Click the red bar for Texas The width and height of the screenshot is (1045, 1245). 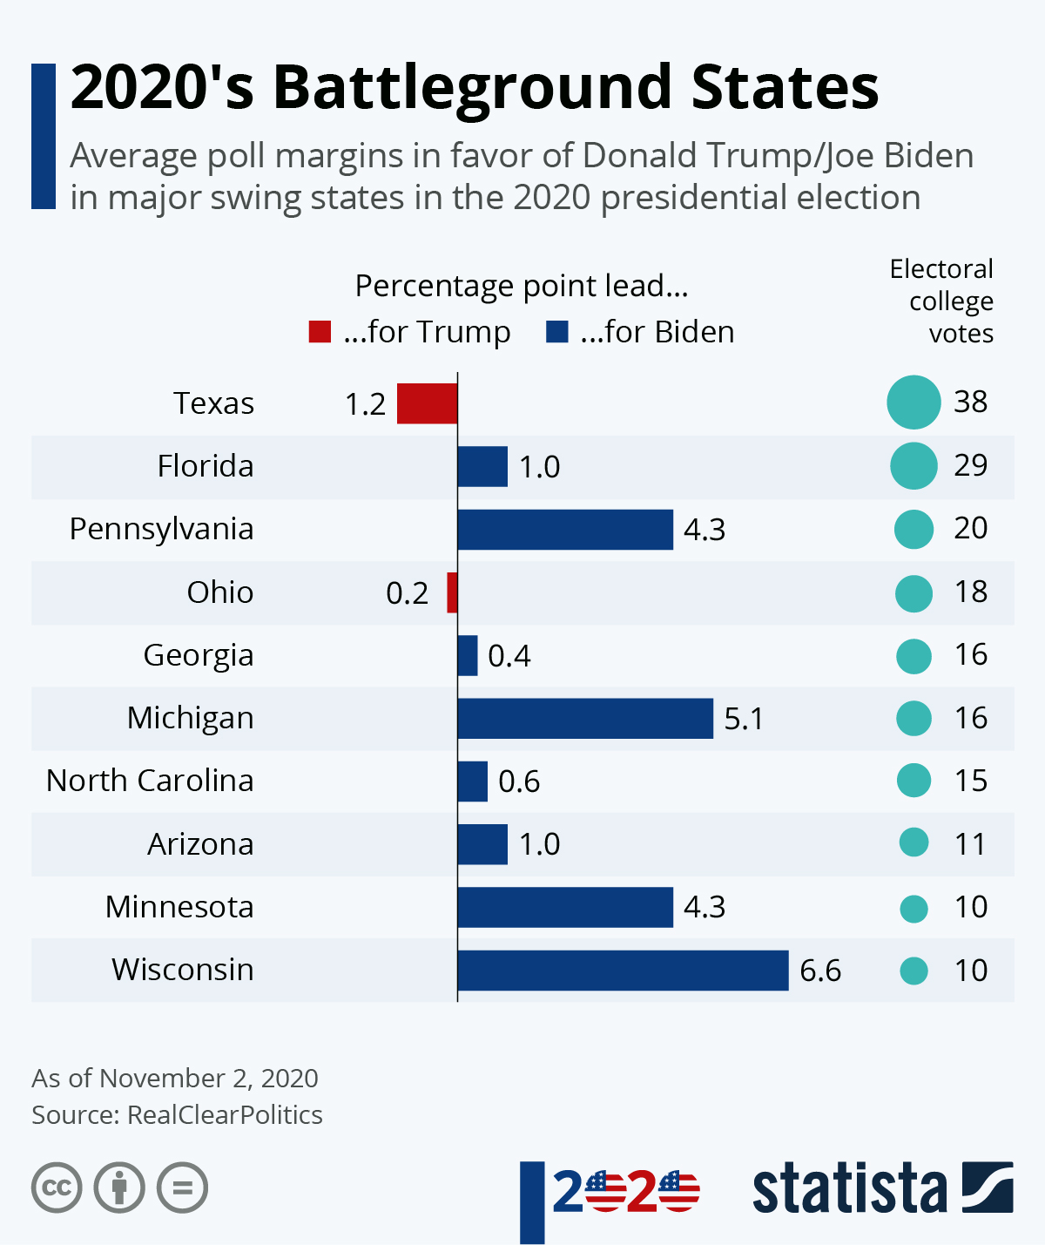click(427, 403)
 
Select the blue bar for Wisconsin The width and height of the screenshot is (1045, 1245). click(623, 970)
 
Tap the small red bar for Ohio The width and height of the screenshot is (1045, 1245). click(452, 592)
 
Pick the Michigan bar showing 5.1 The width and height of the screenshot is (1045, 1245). click(585, 719)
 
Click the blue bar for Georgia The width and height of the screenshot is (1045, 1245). click(468, 655)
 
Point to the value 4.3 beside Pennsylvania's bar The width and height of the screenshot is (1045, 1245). click(705, 530)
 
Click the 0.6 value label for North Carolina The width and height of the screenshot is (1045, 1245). click(519, 782)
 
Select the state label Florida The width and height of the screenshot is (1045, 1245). click(206, 466)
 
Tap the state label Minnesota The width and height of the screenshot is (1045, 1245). click(179, 907)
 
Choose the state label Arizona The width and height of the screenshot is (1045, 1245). click(200, 844)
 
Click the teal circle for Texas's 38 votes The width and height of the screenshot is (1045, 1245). click(914, 403)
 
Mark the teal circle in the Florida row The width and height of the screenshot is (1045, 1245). click(914, 465)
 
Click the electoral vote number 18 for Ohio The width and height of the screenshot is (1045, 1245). click(970, 592)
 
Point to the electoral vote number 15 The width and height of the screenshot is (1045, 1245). click(970, 781)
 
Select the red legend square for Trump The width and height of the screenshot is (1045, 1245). click(320, 332)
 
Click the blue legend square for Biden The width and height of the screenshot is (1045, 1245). click(556, 332)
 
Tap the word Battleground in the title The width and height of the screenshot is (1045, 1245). click(474, 87)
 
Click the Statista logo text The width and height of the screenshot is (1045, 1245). click(849, 1188)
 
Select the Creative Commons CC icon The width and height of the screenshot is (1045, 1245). click(57, 1187)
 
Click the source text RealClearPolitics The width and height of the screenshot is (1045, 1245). click(225, 1115)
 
